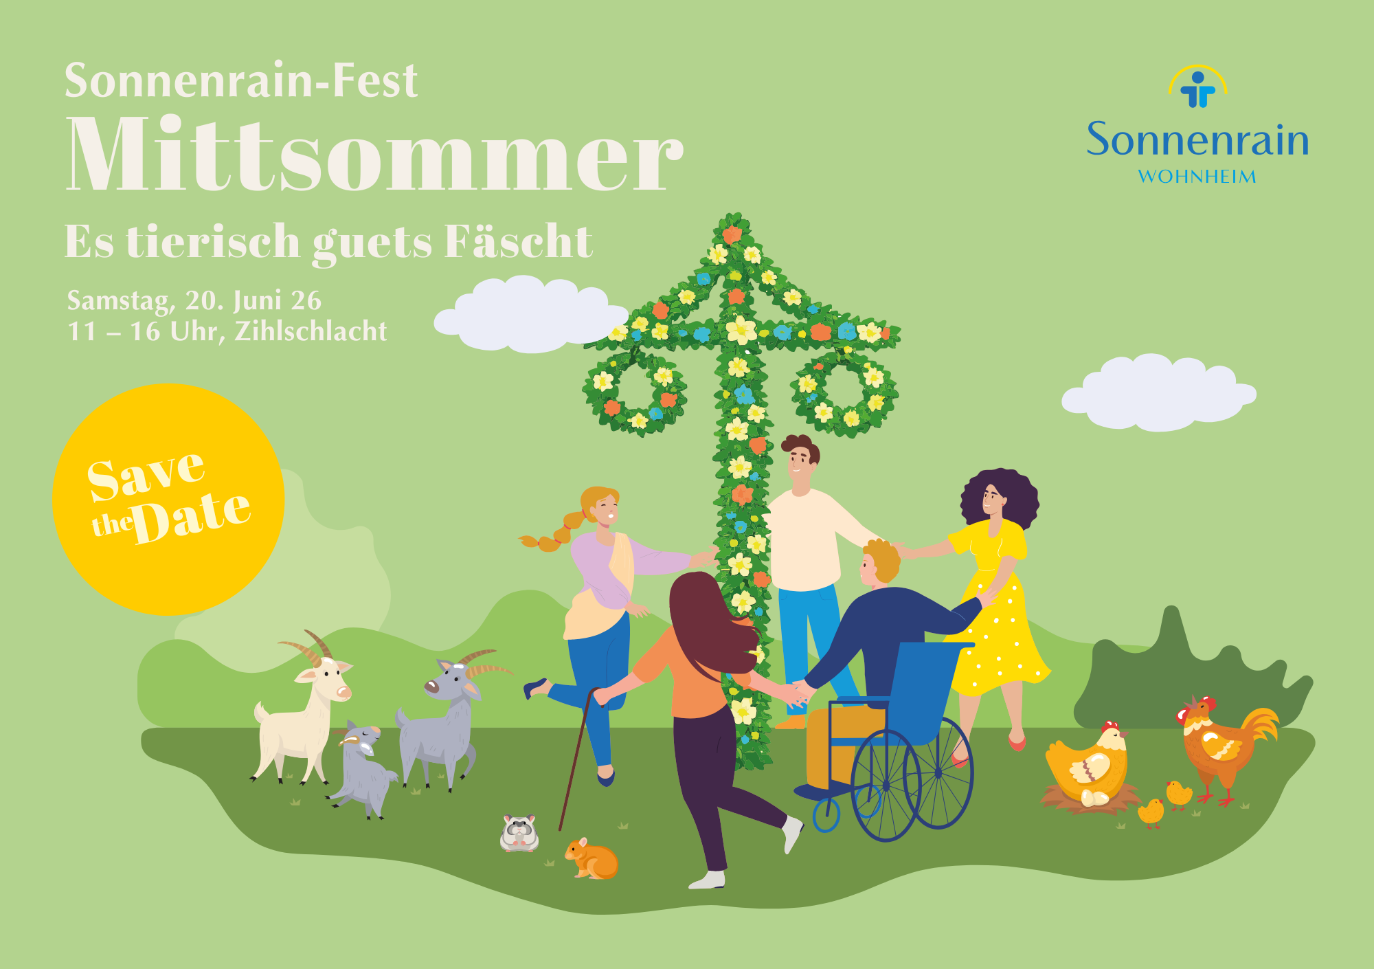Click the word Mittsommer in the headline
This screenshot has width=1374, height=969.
(x=374, y=155)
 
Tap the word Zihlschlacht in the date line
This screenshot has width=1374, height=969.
(x=311, y=331)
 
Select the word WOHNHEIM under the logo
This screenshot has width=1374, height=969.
(x=1197, y=177)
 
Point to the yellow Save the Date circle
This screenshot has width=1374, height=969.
(x=168, y=499)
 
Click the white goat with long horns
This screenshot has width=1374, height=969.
(x=306, y=715)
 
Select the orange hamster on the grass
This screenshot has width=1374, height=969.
(x=592, y=859)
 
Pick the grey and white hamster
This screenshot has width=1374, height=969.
(x=519, y=833)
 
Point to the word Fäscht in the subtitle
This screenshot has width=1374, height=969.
(x=518, y=242)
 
